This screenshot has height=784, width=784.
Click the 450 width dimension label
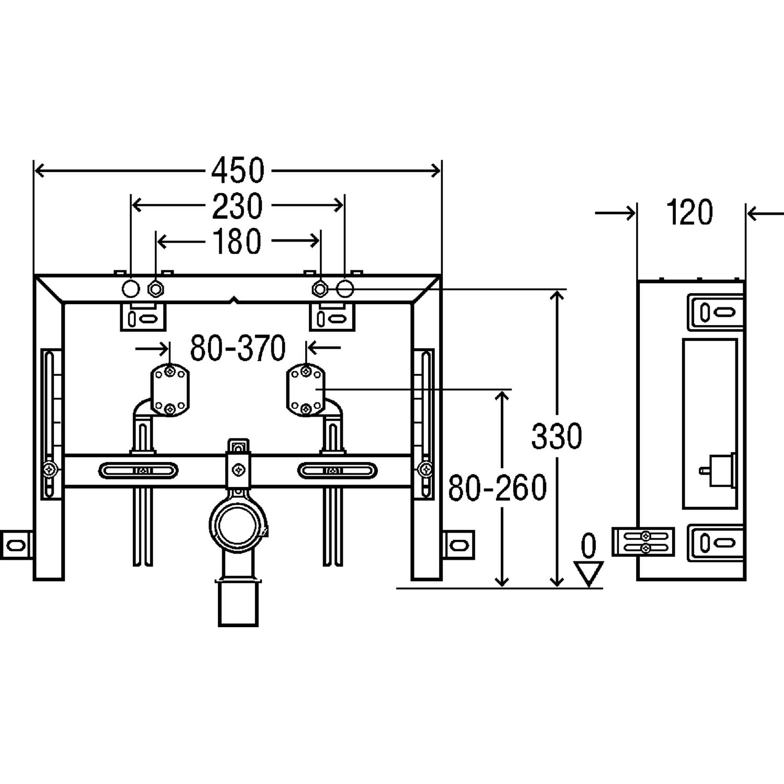click(238, 170)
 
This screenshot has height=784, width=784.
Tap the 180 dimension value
click(237, 241)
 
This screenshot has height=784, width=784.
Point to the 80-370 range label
click(238, 348)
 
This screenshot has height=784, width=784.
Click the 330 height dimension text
click(556, 436)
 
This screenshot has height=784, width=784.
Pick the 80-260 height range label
click(498, 488)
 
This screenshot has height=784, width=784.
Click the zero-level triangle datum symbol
click(589, 573)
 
